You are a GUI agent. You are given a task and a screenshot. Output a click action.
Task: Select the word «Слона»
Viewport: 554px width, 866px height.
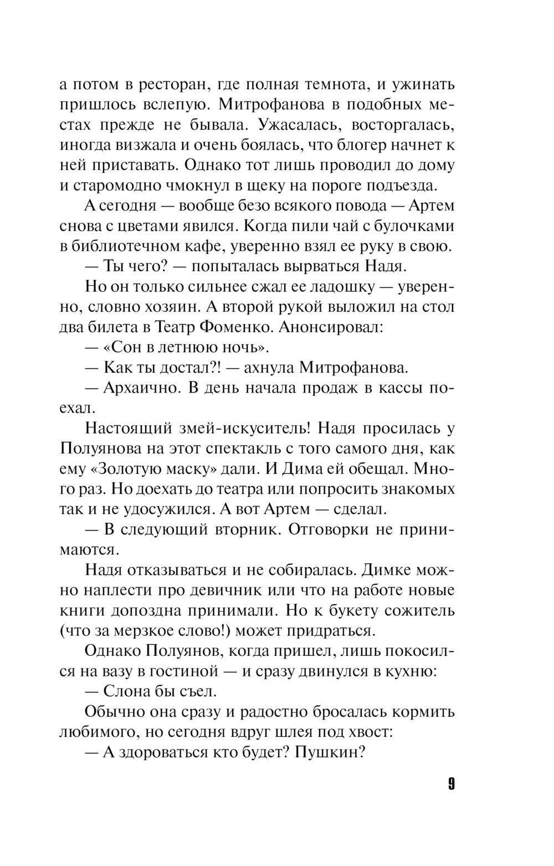pyautogui.click(x=127, y=691)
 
